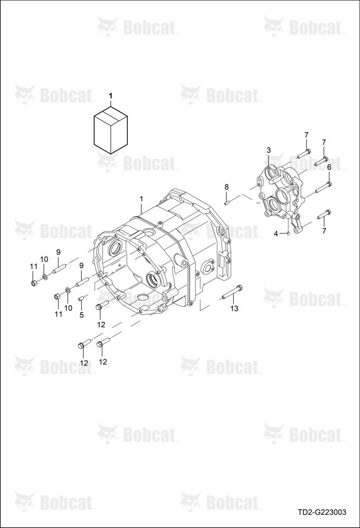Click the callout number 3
(268, 149)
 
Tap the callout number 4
(276, 234)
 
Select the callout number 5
(81, 315)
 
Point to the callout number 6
(329, 167)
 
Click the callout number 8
(226, 187)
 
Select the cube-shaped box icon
(111, 130)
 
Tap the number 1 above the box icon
(110, 96)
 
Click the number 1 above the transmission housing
(141, 199)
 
